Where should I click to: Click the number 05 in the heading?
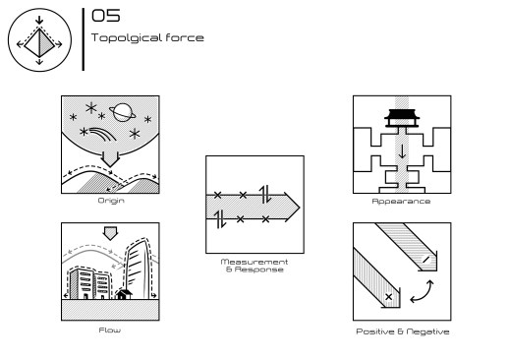pos(105,16)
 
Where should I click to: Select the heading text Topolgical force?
pos(147,37)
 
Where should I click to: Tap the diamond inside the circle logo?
pos(39,43)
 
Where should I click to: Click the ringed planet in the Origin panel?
pos(123,112)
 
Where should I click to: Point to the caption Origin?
pos(111,201)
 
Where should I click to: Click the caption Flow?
pos(110,330)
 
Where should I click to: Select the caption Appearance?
pos(401,202)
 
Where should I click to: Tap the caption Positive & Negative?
pos(403,331)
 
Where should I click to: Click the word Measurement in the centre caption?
pos(255,262)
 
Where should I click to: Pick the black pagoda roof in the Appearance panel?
pos(402,115)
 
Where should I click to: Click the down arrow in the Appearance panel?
pos(402,151)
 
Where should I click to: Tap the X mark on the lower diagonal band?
pos(388,297)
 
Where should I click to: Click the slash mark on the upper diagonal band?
pos(425,260)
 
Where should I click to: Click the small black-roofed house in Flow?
pos(124,294)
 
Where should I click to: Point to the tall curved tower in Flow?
pos(140,269)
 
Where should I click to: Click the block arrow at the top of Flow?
pos(110,233)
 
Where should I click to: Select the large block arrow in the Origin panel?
pos(110,159)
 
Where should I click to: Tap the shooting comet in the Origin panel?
pos(102,134)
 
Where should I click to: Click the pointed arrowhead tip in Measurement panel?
pos(300,208)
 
